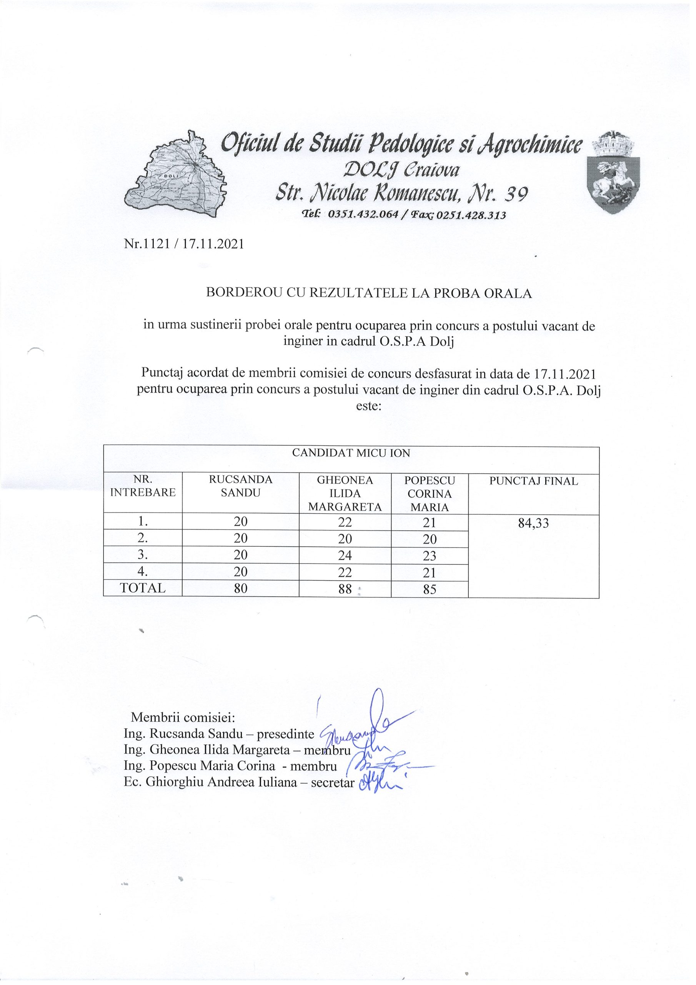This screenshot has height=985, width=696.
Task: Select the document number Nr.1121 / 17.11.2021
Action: (x=184, y=245)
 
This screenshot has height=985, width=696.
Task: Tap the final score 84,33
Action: (x=533, y=523)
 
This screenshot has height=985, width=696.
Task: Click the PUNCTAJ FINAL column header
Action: (x=533, y=481)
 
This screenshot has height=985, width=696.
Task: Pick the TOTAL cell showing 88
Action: (x=345, y=589)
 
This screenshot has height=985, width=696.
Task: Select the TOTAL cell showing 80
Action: (x=240, y=589)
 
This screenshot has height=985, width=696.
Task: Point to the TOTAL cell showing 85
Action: (x=429, y=589)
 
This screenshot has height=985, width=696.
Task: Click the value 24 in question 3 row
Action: (x=345, y=556)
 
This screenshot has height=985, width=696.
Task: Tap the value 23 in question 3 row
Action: (x=429, y=556)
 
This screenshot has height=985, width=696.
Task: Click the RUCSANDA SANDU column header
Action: (x=240, y=486)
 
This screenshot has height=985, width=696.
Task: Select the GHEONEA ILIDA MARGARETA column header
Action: (x=345, y=493)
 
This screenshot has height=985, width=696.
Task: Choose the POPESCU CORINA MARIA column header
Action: (x=429, y=493)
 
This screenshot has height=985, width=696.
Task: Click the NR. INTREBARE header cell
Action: (x=143, y=486)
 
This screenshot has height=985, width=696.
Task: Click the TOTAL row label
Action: (x=143, y=588)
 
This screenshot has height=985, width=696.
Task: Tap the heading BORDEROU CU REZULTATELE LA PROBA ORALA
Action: (x=369, y=294)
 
